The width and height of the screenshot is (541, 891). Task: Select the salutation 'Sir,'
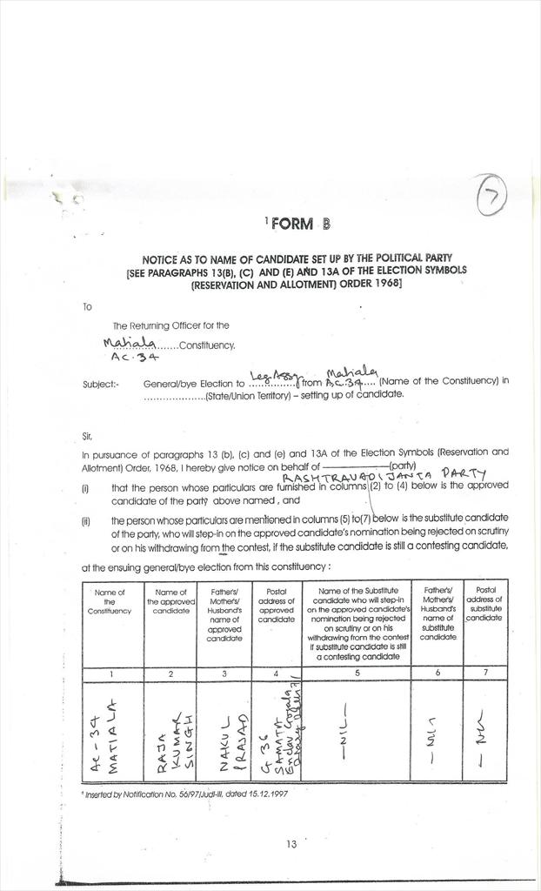pos(87,434)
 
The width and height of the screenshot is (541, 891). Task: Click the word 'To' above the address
pos(87,306)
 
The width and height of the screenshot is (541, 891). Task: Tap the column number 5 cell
pos(357,673)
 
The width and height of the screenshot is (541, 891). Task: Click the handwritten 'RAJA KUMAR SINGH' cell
pos(170,731)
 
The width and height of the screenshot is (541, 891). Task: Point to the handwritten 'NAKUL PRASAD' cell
pos(224,731)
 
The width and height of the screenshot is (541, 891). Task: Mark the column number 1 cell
pos(110,673)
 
